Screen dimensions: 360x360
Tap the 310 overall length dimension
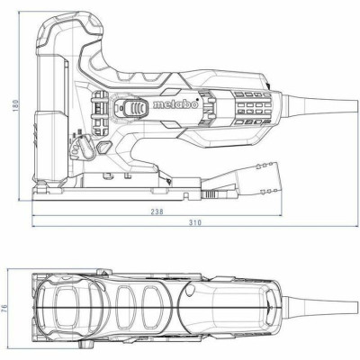(196, 222)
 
